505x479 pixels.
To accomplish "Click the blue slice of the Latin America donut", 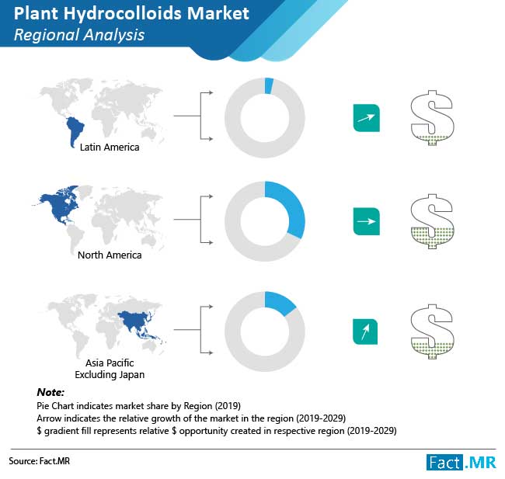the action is [x=269, y=86].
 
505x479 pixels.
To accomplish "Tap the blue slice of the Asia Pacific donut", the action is [x=277, y=303].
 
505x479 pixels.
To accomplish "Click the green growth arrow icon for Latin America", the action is [x=367, y=118].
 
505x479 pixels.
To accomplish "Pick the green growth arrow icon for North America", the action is [x=367, y=221].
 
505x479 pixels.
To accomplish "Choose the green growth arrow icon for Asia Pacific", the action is [x=365, y=331].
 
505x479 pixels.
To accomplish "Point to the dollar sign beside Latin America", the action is [x=432, y=118].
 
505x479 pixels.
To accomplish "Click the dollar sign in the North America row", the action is [x=432, y=221].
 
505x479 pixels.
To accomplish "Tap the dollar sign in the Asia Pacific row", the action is [x=432, y=331].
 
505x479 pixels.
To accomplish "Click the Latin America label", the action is [x=110, y=148].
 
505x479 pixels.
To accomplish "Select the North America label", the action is [x=110, y=255].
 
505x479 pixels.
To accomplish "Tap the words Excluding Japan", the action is [x=110, y=375].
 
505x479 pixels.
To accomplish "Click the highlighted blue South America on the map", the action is [x=75, y=129].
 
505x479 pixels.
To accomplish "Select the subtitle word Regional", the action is [x=42, y=35].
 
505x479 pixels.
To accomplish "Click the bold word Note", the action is [x=50, y=392].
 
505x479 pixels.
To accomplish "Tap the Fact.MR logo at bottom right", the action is [x=461, y=463].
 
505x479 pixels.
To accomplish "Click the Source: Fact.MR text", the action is [x=40, y=461].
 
